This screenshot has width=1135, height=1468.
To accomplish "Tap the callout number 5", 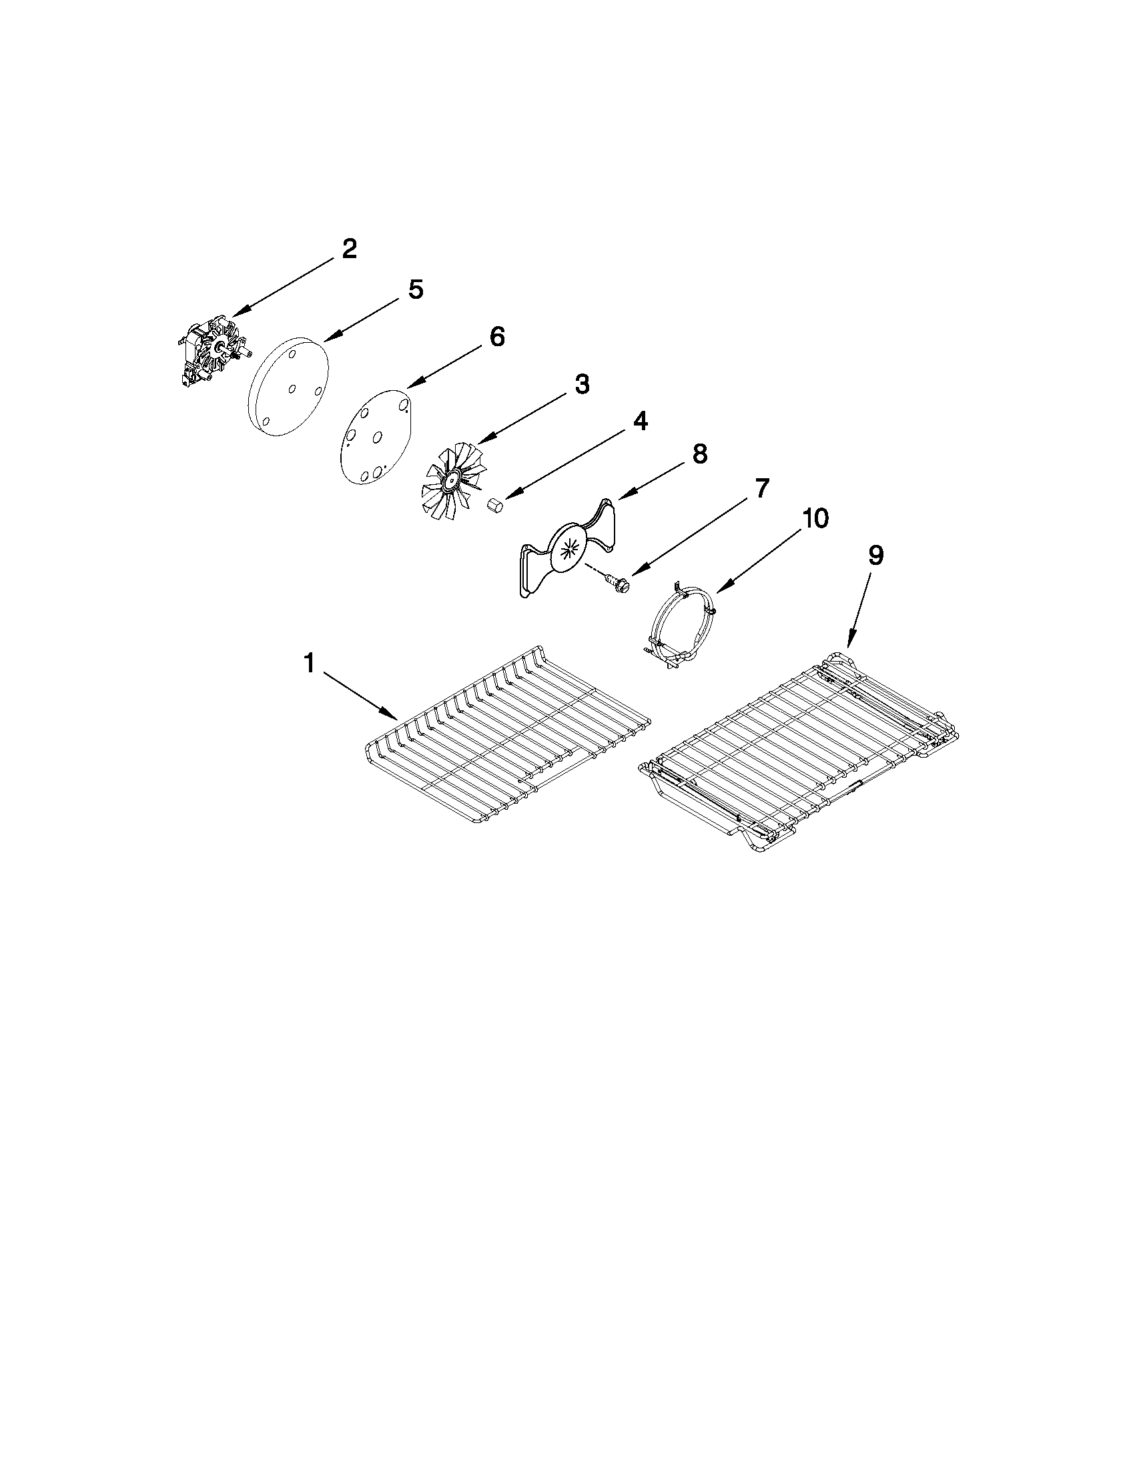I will coord(416,289).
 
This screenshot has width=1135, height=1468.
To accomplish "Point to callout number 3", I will coord(582,384).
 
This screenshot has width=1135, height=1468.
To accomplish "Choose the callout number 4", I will coord(639,422).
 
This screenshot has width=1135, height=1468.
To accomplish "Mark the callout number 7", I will coord(761,489).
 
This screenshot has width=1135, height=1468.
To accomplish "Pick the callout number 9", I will coord(875,555).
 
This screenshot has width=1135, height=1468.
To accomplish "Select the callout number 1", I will coord(310,664).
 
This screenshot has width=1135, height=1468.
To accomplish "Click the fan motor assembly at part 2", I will coord(212,353).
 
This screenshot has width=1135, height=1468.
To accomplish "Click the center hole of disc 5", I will coord(291,388).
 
